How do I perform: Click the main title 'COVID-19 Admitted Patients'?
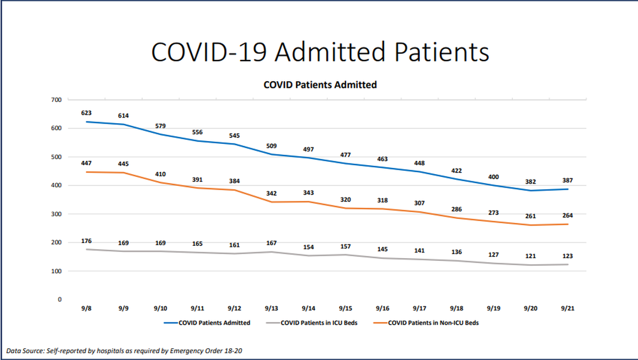point(320,52)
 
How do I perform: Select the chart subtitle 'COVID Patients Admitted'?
point(320,85)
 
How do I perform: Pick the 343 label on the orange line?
point(308,193)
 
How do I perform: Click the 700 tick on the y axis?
point(55,100)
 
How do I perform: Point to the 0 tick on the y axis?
point(59,300)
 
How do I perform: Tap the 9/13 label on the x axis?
point(271,308)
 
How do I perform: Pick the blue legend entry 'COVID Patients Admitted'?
point(214,323)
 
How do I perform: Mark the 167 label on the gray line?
point(271,243)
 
